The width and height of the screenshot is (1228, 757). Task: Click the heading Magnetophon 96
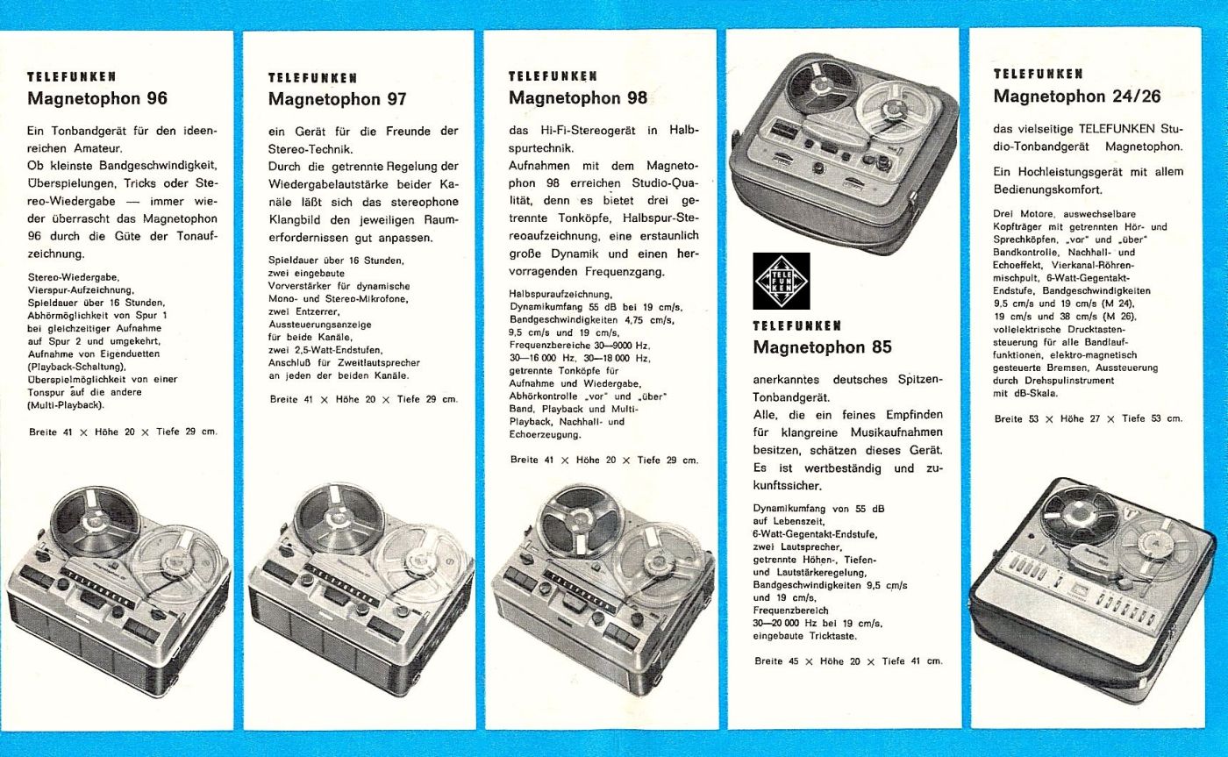click(96, 97)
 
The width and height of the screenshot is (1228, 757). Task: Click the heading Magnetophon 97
click(337, 99)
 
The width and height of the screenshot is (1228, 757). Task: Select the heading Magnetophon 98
click(578, 97)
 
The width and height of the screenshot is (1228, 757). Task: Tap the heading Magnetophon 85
click(822, 346)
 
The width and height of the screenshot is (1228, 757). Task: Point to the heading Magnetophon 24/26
click(1077, 96)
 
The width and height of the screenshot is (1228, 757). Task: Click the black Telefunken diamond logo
click(782, 281)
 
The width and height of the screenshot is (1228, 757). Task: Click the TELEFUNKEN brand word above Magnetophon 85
click(798, 325)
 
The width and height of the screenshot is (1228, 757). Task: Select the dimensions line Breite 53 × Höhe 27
click(1089, 418)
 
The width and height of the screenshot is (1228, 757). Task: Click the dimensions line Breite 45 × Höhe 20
click(848, 661)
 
